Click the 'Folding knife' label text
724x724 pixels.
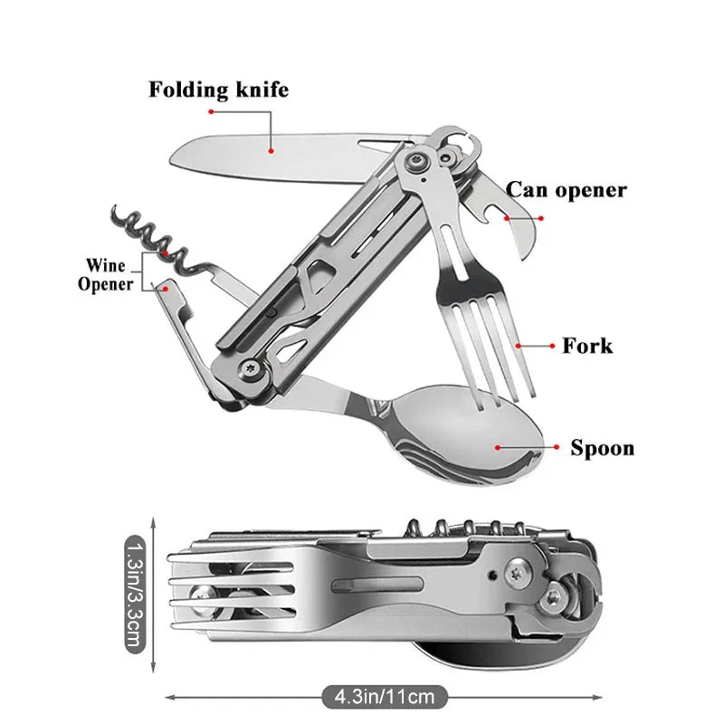coord(218,90)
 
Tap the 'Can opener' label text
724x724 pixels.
coord(567,190)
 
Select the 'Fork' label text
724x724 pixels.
coord(587,346)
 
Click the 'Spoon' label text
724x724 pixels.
coord(602,448)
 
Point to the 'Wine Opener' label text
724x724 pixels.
coord(106,275)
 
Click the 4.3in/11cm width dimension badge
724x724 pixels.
coord(385,697)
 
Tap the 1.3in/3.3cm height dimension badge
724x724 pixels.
coord(135,595)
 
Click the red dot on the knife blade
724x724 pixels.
coord(271,151)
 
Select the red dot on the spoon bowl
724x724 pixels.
coord(498,447)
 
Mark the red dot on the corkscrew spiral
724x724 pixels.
coord(166,253)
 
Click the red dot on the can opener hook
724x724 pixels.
coord(507,218)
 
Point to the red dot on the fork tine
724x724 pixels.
coord(518,346)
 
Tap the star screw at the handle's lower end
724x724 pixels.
coord(251,368)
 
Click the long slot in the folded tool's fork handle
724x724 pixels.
coord(377,585)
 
